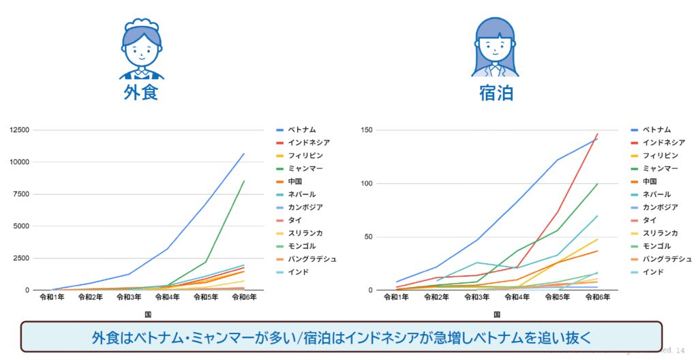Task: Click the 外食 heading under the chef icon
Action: (141, 93)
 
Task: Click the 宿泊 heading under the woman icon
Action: (496, 93)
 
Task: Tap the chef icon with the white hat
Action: (141, 50)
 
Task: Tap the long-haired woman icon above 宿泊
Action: (496, 46)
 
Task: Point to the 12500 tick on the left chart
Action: (17, 130)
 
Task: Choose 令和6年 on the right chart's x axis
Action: (597, 297)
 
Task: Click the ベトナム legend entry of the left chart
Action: (301, 130)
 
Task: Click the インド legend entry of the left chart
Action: (297, 272)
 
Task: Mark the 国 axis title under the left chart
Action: (148, 314)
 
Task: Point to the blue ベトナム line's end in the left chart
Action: (243, 154)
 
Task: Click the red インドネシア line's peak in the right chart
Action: (597, 134)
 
